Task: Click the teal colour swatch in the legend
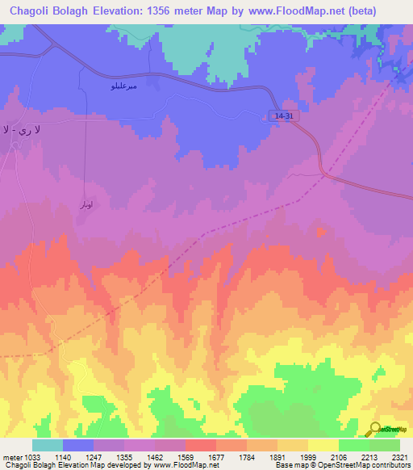[x=48, y=445]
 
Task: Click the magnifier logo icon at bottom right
[x=374, y=429]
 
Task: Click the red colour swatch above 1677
[x=201, y=445]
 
